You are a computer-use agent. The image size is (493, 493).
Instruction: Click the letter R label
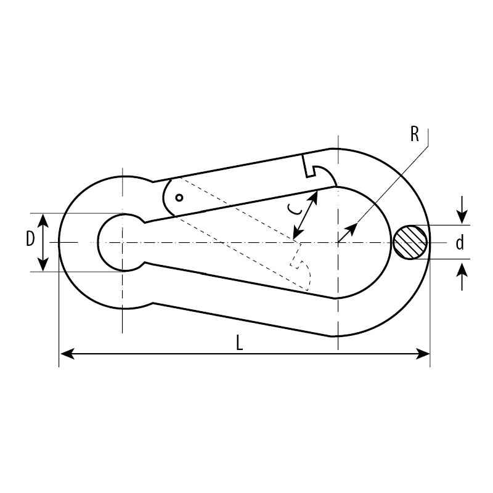pyautogui.click(x=415, y=134)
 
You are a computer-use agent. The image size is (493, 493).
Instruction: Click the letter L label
pyautogui.click(x=240, y=343)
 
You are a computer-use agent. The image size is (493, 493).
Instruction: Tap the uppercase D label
pyautogui.click(x=30, y=238)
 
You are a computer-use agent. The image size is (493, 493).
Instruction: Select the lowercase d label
pyautogui.click(x=460, y=242)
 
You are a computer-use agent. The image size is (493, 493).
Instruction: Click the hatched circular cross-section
pyautogui.click(x=410, y=242)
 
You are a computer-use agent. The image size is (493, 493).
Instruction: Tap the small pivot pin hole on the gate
pyautogui.click(x=179, y=198)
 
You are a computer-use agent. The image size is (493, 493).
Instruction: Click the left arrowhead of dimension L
pyautogui.click(x=67, y=354)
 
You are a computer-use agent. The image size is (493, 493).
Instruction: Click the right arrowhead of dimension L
pyautogui.click(x=422, y=354)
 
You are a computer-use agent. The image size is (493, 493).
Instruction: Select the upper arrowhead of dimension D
pyautogui.click(x=43, y=221)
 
